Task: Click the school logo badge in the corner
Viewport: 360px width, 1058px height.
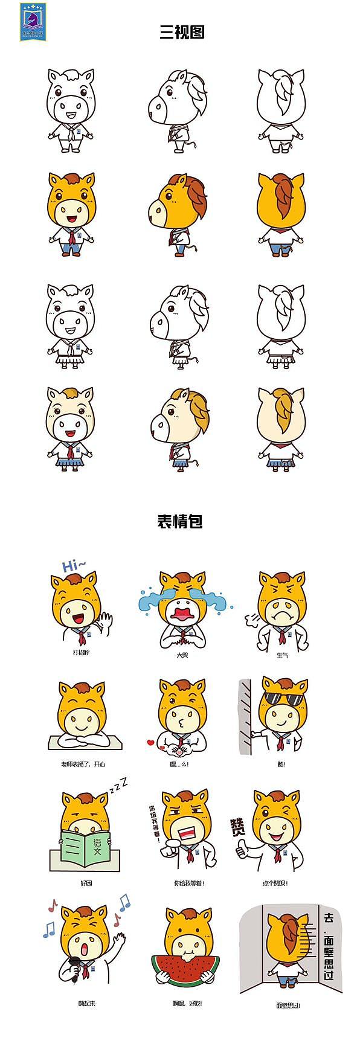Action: tap(33, 21)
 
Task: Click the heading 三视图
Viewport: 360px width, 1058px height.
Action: tap(181, 31)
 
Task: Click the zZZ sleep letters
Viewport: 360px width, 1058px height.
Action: tap(119, 786)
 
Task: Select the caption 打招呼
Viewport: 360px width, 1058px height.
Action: tap(81, 653)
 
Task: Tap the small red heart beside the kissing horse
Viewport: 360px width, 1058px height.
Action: tap(151, 742)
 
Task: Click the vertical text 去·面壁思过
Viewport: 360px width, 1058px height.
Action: tap(329, 947)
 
